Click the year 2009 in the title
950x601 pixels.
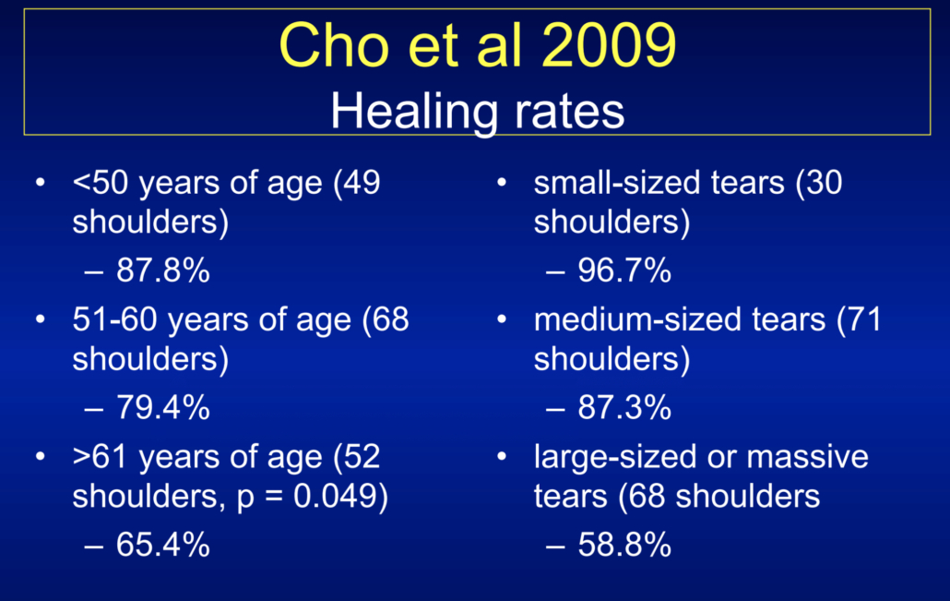coord(609,45)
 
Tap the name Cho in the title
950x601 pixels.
coord(334,45)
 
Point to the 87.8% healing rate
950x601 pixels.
coord(163,270)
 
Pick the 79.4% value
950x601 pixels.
coord(163,407)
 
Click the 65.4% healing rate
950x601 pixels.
coord(163,544)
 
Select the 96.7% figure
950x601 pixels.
coord(624,270)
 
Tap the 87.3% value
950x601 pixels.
coord(624,407)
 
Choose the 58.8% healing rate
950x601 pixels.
coord(624,544)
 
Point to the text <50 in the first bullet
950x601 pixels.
coord(101,183)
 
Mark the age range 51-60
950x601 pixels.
coord(115,319)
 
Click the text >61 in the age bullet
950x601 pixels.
coord(101,457)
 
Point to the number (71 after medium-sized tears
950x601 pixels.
coord(860,319)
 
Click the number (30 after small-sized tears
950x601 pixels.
coord(818,183)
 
